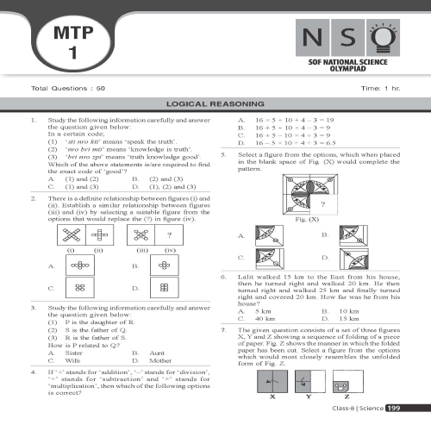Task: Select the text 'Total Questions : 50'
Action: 68,89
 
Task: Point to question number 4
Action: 32,372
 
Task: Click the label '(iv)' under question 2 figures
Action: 170,250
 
